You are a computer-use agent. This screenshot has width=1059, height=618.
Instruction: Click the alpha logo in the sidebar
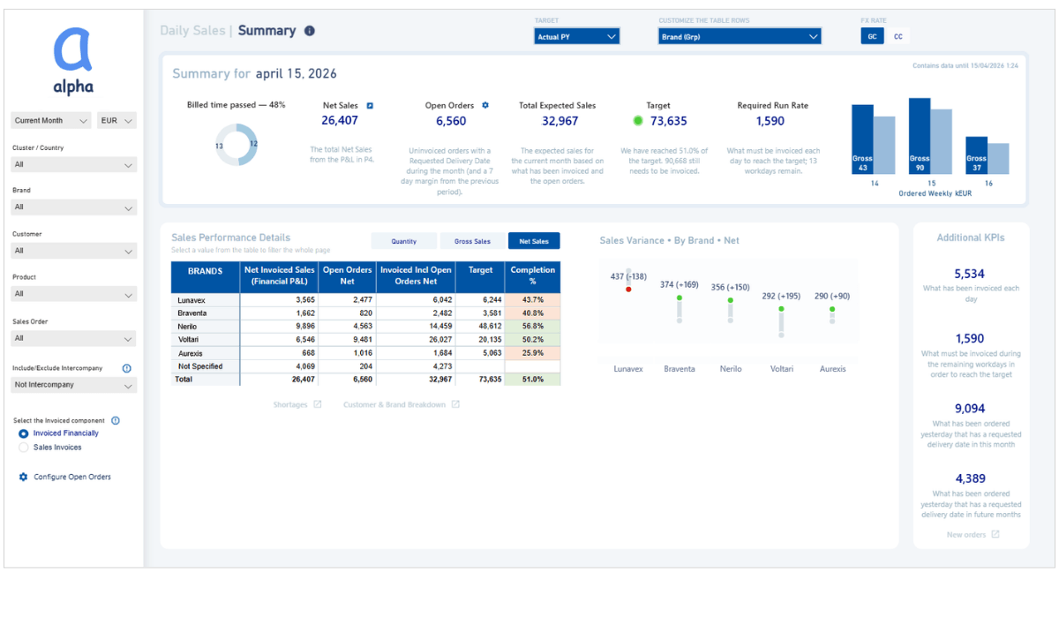click(x=72, y=60)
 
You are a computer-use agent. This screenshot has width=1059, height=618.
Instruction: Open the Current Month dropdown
click(x=51, y=120)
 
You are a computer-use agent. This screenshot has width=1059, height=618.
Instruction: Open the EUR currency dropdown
click(x=116, y=120)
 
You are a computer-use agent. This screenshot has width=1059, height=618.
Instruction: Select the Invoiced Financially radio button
click(x=24, y=433)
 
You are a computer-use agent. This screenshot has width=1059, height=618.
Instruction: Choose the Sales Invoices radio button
click(x=24, y=448)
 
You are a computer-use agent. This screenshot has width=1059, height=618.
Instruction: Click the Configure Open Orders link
click(x=71, y=477)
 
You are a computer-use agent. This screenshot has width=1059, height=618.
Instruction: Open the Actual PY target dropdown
click(x=576, y=36)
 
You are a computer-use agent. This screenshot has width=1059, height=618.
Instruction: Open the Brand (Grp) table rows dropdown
click(x=740, y=36)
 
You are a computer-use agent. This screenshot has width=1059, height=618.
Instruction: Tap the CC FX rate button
click(x=898, y=36)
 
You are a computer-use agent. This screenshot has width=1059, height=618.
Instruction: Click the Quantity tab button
click(x=404, y=241)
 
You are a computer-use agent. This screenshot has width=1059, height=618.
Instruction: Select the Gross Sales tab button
click(x=472, y=241)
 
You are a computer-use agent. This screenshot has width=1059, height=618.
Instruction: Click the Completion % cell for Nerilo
click(x=533, y=326)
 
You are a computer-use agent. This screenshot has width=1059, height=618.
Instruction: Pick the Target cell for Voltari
click(x=480, y=339)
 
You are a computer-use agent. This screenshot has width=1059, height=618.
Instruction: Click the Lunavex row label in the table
click(x=192, y=300)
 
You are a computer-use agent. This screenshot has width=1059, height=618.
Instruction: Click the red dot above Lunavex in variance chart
click(x=628, y=289)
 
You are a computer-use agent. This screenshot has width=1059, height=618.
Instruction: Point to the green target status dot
click(x=638, y=121)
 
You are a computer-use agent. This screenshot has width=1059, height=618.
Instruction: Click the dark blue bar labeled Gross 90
click(x=920, y=136)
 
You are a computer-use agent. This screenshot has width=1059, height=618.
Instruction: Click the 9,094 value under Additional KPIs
click(x=970, y=409)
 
